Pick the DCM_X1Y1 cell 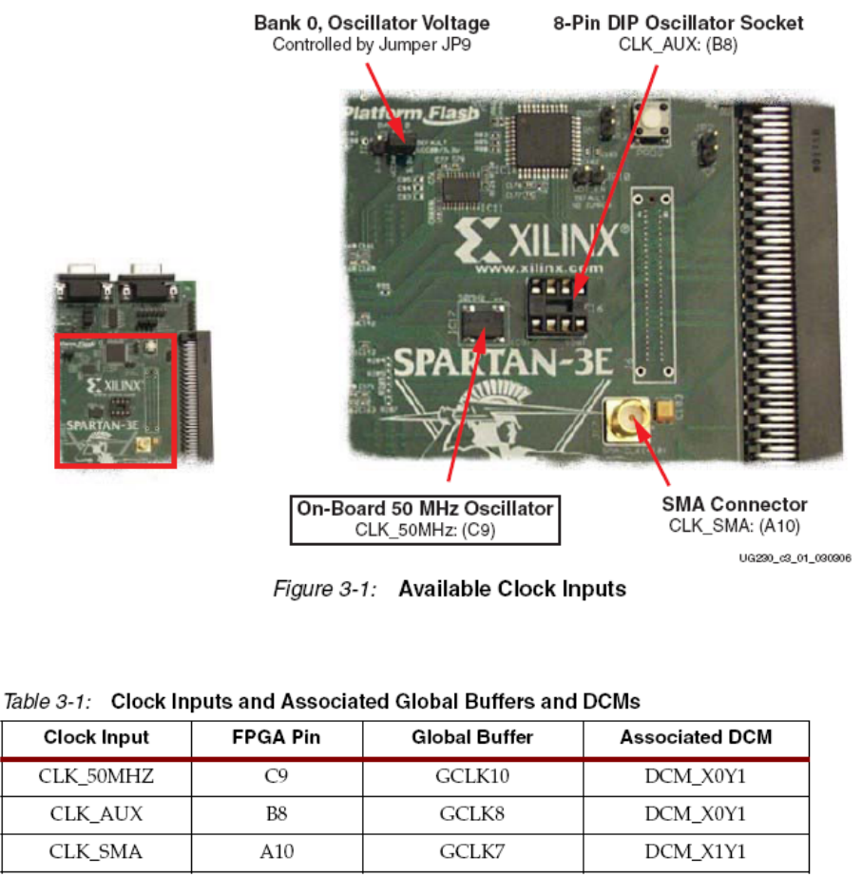[696, 852]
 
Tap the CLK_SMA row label [96, 852]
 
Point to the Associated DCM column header [696, 737]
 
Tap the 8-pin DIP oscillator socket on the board [557, 305]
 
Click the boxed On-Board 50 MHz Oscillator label [425, 517]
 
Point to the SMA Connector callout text [734, 513]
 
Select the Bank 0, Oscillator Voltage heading [372, 22]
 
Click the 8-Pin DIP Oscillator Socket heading [678, 22]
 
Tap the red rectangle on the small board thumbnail [115, 400]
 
